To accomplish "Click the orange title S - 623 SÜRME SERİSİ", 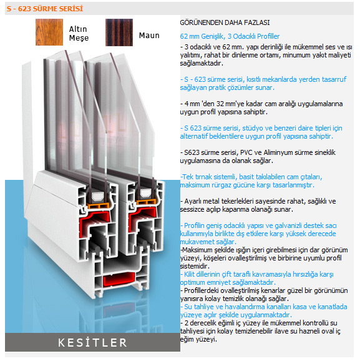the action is [x=45, y=9].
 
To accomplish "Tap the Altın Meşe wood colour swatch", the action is [x=49, y=32].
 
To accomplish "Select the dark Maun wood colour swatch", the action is [x=119, y=32].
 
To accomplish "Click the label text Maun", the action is [x=149, y=36].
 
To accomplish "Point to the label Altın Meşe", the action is [x=79, y=33].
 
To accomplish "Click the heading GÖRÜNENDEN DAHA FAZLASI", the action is [x=225, y=22].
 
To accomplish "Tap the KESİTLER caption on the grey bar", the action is [x=92, y=342].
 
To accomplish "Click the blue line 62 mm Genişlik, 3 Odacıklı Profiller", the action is [x=230, y=36].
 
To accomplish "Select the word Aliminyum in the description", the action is [x=279, y=152].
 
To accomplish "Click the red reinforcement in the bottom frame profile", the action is [x=119, y=279].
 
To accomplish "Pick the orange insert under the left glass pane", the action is [x=98, y=205].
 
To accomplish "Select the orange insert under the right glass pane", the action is [x=146, y=202].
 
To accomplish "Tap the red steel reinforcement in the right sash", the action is [x=140, y=217].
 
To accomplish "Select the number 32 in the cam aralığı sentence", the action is [x=220, y=104].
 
